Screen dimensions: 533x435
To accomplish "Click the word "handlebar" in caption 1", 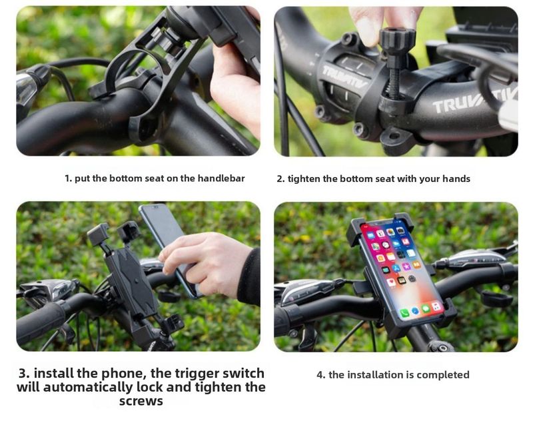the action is (221, 179).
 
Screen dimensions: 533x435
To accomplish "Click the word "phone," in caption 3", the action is (124, 373).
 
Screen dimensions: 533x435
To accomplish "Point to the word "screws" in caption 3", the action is (141, 401).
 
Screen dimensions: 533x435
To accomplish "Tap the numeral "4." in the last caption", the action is (321, 375).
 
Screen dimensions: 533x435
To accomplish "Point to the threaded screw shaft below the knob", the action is (394, 80).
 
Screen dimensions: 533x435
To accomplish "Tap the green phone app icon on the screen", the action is (404, 312).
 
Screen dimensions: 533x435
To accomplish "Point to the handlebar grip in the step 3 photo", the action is (40, 321).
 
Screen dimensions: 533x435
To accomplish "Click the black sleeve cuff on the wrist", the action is (250, 277).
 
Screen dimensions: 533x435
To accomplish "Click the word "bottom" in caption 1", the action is (125, 179).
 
